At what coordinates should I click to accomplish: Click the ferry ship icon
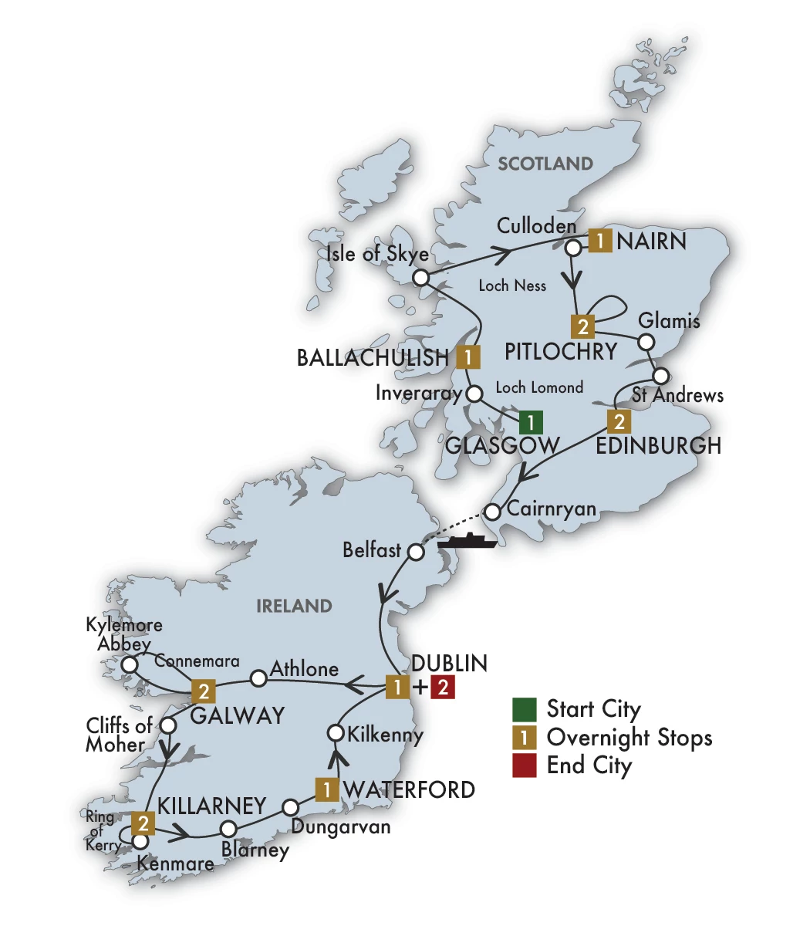467,539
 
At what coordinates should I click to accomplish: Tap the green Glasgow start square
531,422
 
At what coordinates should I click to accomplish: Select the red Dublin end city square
442,687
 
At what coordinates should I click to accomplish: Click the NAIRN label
651,242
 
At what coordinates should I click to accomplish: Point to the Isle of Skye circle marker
420,278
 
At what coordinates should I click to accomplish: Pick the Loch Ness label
512,286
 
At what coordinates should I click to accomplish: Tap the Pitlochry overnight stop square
583,326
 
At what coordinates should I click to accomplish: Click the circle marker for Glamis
647,341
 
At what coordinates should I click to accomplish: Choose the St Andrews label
677,396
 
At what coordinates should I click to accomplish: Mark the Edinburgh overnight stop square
619,421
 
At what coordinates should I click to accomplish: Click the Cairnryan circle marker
494,511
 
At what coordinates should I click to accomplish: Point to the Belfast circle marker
416,553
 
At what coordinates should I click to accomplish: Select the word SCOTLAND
545,164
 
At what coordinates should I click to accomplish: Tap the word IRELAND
294,606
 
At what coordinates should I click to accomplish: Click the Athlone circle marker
259,678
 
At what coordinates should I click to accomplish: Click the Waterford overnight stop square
327,789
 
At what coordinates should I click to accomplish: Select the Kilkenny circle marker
336,732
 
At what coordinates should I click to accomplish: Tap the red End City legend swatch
524,766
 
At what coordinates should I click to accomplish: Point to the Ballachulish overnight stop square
467,357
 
